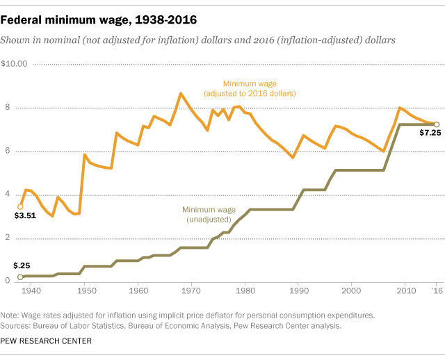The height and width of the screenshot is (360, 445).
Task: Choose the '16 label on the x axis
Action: tap(436, 289)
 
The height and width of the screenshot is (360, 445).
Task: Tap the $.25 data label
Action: tap(22, 265)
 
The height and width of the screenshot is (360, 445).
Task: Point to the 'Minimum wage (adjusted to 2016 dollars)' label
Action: tap(250, 88)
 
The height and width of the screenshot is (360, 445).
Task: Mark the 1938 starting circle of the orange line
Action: tap(21, 206)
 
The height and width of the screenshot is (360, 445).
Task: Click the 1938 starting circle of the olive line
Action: tap(21, 277)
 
